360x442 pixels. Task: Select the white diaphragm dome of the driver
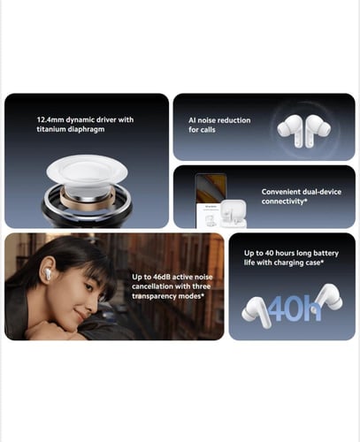[x=88, y=171]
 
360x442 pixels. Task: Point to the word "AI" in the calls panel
[x=192, y=120]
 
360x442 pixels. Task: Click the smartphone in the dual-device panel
[x=211, y=201]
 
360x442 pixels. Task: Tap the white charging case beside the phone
[x=234, y=213]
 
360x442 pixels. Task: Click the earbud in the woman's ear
[x=48, y=275]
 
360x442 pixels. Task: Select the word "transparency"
[x=151, y=296]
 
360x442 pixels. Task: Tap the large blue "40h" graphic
[x=294, y=309]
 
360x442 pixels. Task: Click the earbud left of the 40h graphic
[x=255, y=312]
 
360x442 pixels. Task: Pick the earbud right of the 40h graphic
[x=328, y=298]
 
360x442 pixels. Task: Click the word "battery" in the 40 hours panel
[x=326, y=254]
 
